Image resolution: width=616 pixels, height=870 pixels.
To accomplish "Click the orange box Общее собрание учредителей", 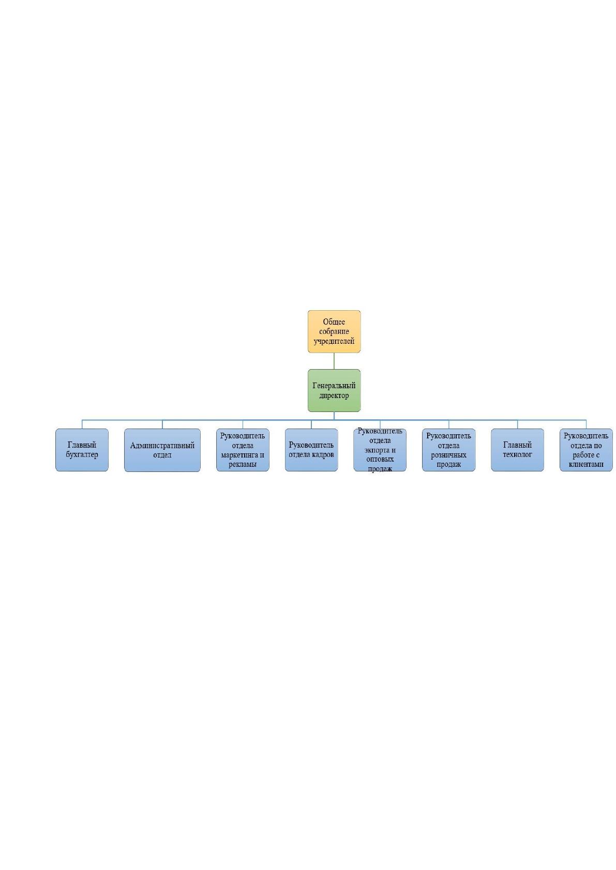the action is pyautogui.click(x=334, y=331).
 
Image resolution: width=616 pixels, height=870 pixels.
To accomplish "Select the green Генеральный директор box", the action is pyautogui.click(x=334, y=390).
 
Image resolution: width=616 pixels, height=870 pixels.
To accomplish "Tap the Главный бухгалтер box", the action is pyautogui.click(x=82, y=450).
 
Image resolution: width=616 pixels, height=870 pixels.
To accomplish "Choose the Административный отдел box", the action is pyautogui.click(x=162, y=450).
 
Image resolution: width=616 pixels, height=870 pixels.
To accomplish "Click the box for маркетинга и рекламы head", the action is pyautogui.click(x=243, y=450).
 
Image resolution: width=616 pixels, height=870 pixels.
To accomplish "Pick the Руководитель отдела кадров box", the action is pyautogui.click(x=311, y=450).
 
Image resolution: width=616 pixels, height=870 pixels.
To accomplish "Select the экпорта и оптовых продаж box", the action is pyautogui.click(x=380, y=450).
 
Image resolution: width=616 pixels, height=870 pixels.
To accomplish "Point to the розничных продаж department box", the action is pyautogui.click(x=448, y=450).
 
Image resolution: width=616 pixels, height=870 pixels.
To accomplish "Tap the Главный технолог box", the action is pyautogui.click(x=517, y=450).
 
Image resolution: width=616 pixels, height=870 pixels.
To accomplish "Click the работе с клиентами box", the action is pyautogui.click(x=586, y=450).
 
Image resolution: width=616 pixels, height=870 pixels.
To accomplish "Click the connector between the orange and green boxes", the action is pyautogui.click(x=334, y=361).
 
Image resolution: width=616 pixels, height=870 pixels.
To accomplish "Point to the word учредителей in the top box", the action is pyautogui.click(x=334, y=341).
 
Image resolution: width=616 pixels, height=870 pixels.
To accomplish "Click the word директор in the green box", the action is pyautogui.click(x=334, y=395).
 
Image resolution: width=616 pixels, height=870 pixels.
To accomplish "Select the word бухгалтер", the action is pyautogui.click(x=82, y=454).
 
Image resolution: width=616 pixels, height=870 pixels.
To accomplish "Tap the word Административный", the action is pyautogui.click(x=162, y=446).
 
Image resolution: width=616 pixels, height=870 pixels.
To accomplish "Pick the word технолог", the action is pyautogui.click(x=517, y=454).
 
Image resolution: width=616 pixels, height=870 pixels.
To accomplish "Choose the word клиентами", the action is pyautogui.click(x=586, y=464).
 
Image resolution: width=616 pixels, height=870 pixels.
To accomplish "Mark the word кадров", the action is pyautogui.click(x=323, y=454).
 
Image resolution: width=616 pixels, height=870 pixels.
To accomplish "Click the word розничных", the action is pyautogui.click(x=448, y=455).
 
